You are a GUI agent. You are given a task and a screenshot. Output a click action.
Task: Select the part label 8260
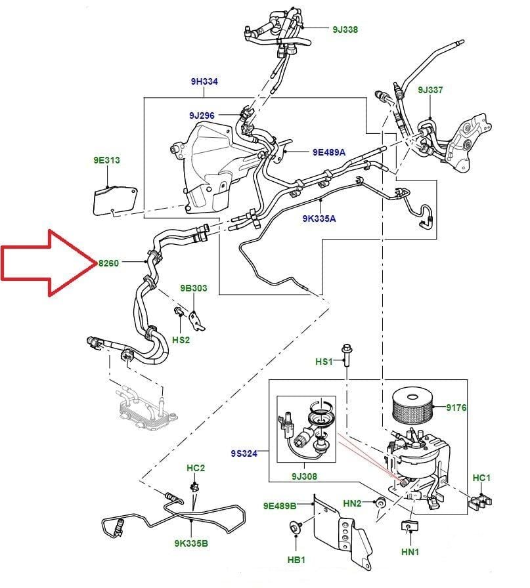(108, 262)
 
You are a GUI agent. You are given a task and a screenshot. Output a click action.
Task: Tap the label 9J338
(345, 29)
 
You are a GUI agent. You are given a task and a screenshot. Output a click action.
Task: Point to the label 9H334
(204, 81)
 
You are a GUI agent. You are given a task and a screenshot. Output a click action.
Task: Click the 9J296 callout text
(202, 115)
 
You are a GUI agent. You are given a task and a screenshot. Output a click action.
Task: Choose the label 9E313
(106, 159)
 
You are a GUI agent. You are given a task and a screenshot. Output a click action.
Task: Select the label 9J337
(431, 90)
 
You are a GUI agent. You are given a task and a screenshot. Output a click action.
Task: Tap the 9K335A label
(319, 218)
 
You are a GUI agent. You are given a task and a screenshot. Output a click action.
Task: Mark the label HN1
(410, 553)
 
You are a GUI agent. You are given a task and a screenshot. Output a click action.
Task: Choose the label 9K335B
(191, 543)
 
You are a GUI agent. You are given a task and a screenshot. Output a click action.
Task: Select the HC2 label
(196, 468)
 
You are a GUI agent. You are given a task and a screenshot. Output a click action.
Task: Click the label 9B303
(194, 288)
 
